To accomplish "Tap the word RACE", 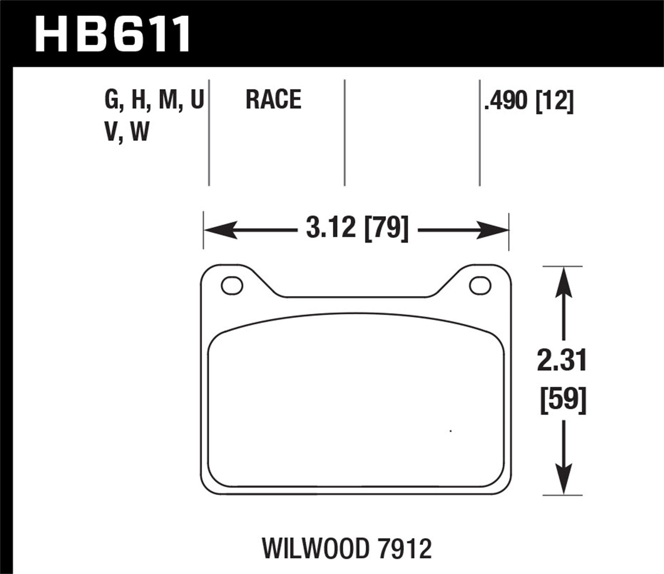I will point(273,99).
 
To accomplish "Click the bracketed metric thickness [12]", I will point(554,101).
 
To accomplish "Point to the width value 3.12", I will point(331,229).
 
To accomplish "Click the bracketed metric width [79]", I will point(386,229).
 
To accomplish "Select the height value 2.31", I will point(562,360).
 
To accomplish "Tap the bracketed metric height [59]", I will point(563,400).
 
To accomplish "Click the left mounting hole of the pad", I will point(232,286).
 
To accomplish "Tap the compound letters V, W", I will point(127,132).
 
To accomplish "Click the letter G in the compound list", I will point(112,100).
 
